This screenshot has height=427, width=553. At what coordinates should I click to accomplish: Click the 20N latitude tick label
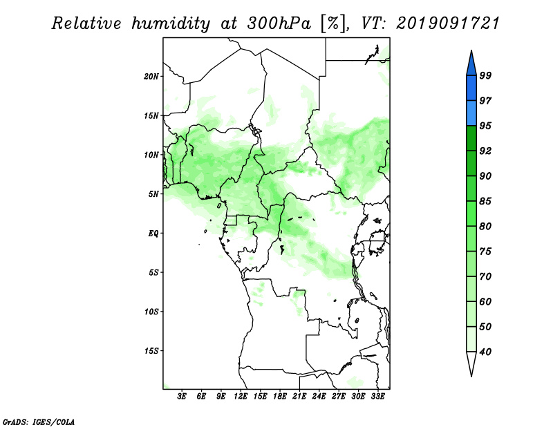pos(151,77)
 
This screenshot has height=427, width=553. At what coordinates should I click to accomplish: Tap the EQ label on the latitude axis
pos(153,234)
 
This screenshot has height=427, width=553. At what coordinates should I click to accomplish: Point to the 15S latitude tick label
pos(151,351)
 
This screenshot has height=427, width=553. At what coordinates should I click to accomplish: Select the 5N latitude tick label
pos(153,194)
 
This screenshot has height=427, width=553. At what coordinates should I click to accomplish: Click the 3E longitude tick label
pos(182,396)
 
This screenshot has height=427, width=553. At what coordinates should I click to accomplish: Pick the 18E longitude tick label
pos(280,396)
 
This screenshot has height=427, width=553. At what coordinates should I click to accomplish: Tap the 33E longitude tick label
pos(377,396)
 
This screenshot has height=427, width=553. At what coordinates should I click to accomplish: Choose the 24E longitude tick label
pos(319,396)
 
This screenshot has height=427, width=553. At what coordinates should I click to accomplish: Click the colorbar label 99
pos(485,75)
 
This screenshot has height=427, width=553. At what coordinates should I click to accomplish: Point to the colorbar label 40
pos(485,352)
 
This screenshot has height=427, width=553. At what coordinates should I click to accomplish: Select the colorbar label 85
pos(485,201)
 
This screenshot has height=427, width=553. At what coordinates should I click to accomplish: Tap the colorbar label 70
pos(485,276)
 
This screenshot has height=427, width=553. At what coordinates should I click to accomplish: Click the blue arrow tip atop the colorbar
pos(471,50)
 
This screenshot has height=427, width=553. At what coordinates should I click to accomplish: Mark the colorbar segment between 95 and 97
pos(471,113)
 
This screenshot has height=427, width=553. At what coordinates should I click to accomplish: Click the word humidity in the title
pos(171,23)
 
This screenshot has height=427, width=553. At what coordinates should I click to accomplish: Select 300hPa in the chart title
pos(279,23)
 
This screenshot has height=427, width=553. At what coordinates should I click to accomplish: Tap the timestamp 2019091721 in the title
pos(448,23)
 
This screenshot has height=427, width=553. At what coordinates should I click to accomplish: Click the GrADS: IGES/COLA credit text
pos(39,421)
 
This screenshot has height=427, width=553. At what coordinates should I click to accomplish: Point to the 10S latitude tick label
pos(151,312)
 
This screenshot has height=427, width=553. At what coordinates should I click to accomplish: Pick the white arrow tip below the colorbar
pos(471,376)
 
